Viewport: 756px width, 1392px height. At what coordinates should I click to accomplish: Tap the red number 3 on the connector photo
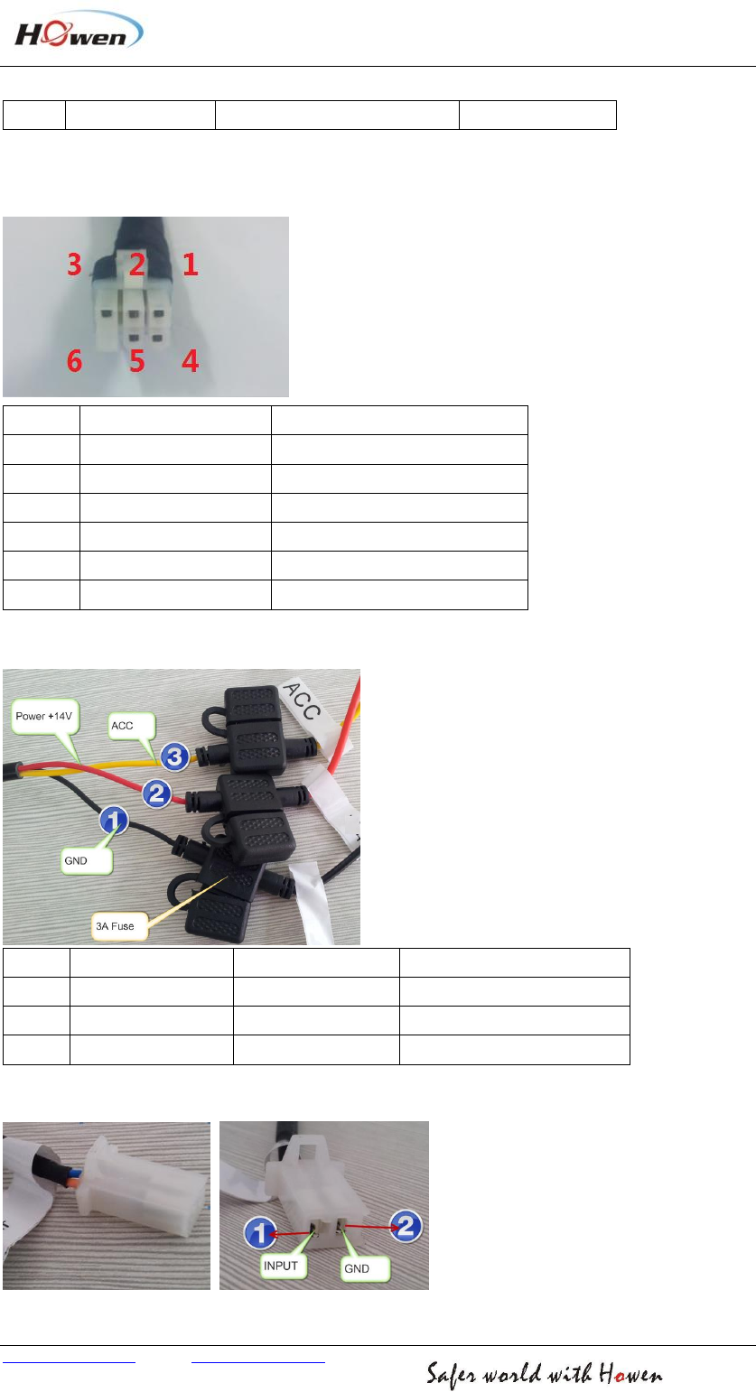coord(75,264)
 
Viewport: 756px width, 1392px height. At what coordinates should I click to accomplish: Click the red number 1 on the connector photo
coord(190,264)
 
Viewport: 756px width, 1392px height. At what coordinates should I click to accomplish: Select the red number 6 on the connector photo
coord(75,362)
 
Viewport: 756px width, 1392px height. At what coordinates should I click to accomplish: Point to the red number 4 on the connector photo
coord(190,362)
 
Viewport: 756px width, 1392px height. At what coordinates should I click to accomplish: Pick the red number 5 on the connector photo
coord(136,362)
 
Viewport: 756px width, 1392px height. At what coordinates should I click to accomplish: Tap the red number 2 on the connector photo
coord(136,264)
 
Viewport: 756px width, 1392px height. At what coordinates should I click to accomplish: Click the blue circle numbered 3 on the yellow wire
coord(175,756)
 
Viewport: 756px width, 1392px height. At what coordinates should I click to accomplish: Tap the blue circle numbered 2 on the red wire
coord(155,793)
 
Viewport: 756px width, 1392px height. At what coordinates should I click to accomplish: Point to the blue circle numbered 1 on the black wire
coord(114,821)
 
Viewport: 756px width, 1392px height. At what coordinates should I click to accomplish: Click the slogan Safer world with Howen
coord(545,1375)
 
